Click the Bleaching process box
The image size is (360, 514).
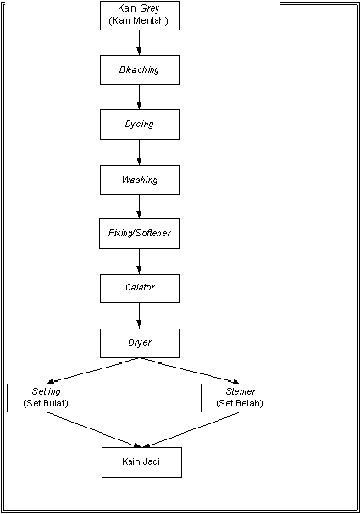click(x=140, y=69)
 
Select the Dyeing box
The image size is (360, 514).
click(x=140, y=124)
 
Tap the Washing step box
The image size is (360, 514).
click(x=140, y=180)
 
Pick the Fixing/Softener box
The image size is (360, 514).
click(x=140, y=234)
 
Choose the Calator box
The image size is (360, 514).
click(x=140, y=288)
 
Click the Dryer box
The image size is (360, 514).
click(x=140, y=343)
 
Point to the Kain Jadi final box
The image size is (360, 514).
click(x=141, y=462)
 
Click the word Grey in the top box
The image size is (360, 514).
click(x=149, y=8)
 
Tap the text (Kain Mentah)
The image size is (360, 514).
click(x=138, y=20)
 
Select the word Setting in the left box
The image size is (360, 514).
click(x=47, y=391)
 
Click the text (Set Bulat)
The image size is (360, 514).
click(x=46, y=403)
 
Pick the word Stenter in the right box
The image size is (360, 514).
click(x=241, y=391)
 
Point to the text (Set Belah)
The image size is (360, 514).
click(x=240, y=403)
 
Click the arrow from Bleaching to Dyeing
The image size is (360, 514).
click(x=139, y=97)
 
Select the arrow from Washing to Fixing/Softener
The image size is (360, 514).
click(x=139, y=207)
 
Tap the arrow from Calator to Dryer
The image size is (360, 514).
click(x=139, y=316)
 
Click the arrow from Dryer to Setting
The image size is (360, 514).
click(x=94, y=371)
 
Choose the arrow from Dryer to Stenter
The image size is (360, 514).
click(x=190, y=371)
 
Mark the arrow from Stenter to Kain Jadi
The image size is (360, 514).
click(x=191, y=430)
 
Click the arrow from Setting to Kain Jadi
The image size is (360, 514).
click(x=94, y=430)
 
